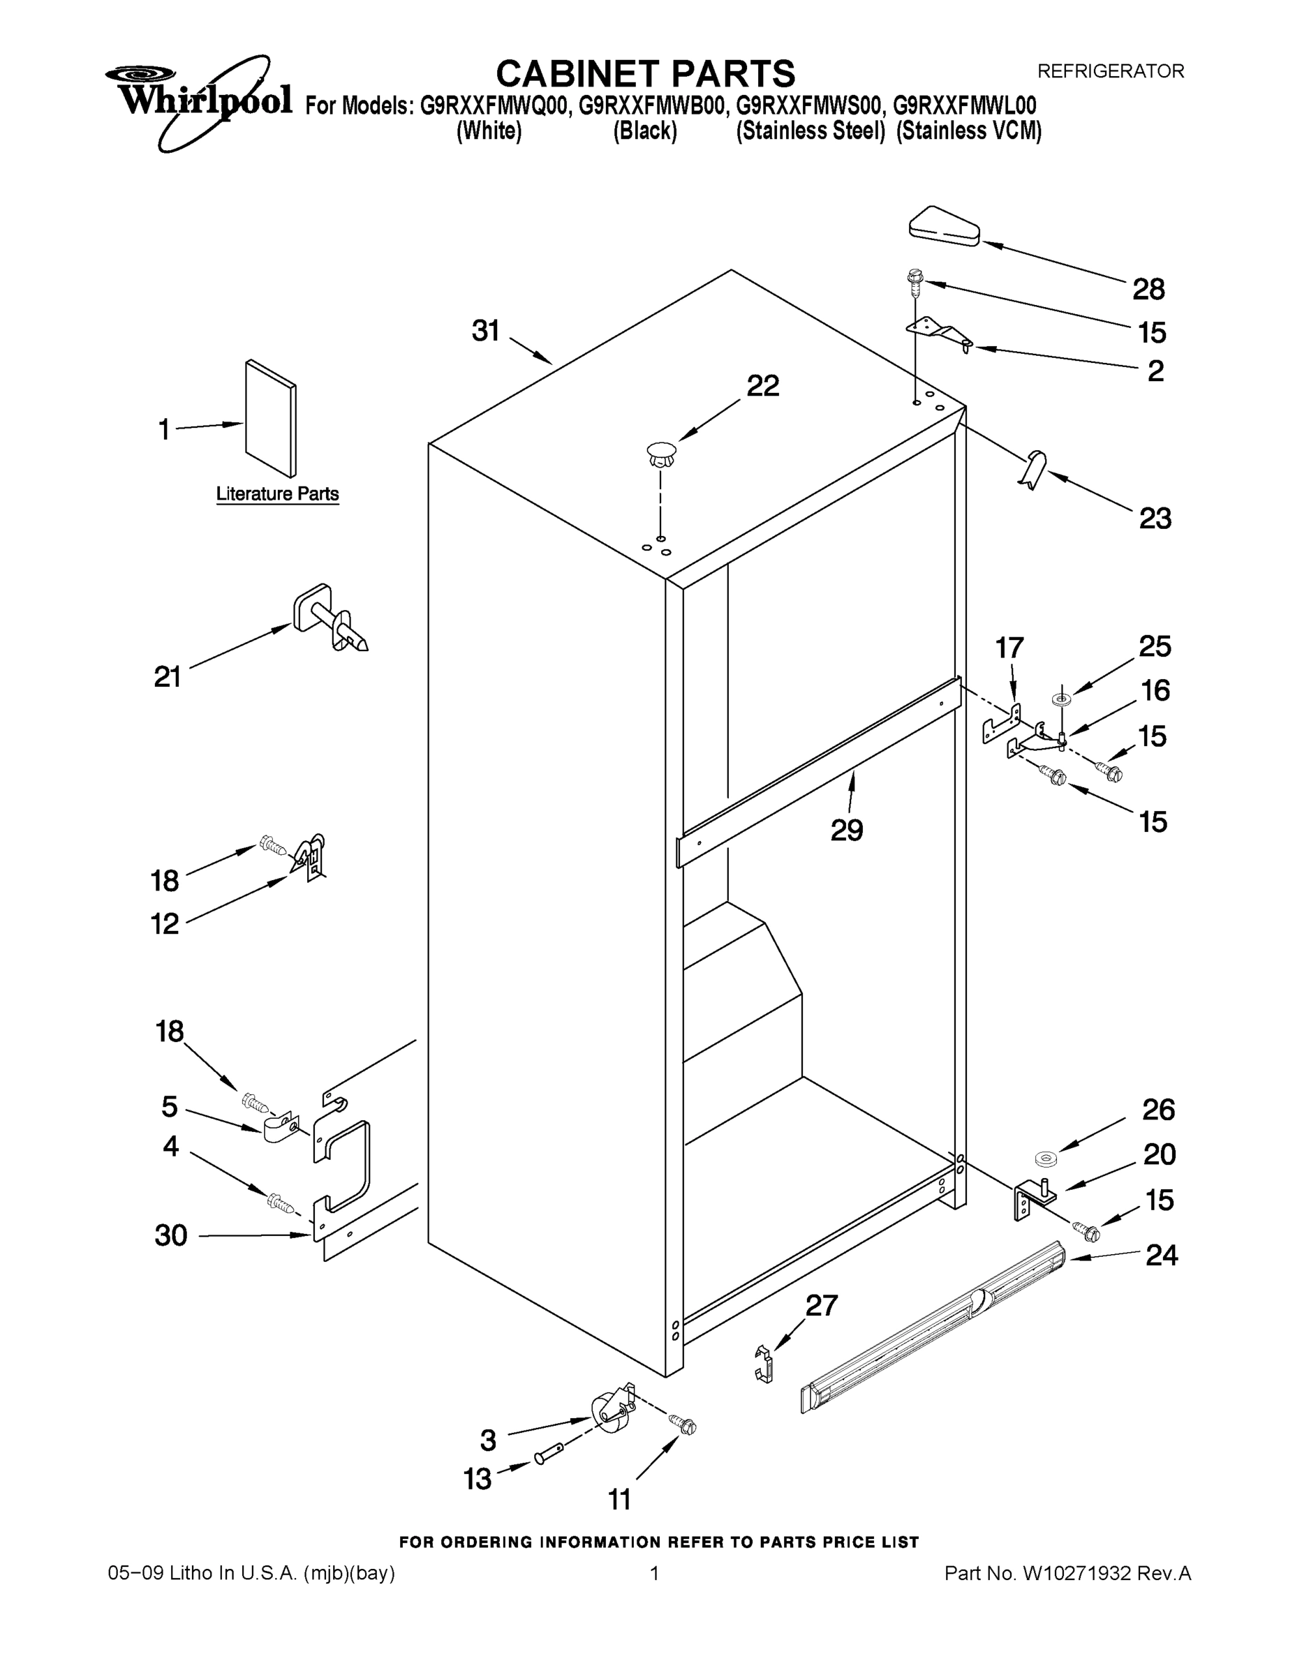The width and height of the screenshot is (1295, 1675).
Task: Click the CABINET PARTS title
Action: point(645,75)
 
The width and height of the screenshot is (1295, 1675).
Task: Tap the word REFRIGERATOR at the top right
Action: point(1110,71)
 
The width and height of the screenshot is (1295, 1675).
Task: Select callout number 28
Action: point(1148,289)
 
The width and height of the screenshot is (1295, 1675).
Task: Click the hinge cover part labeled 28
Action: point(944,226)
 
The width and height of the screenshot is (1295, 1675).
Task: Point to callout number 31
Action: point(486,332)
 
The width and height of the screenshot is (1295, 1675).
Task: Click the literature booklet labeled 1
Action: point(271,418)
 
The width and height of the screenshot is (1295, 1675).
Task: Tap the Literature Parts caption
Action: point(277,494)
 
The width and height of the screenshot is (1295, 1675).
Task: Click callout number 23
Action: point(1155,519)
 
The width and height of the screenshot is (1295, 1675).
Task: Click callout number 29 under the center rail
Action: point(846,830)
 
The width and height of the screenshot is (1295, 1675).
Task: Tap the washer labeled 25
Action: point(1063,698)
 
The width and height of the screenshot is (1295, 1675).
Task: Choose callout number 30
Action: point(170,1235)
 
